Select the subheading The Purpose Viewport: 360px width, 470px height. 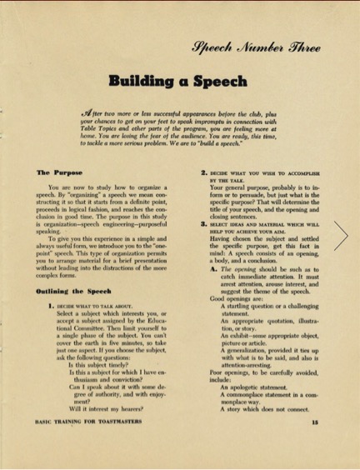tap(56, 172)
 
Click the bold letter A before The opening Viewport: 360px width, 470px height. tap(213, 269)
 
